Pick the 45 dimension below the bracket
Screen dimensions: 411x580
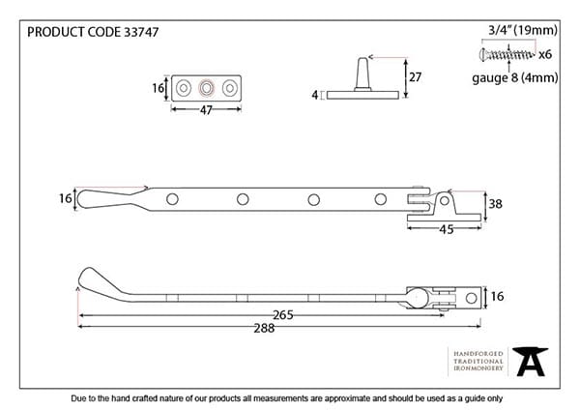(x=446, y=229)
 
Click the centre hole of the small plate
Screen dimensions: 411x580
(x=204, y=88)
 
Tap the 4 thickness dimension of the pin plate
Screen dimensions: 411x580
(x=315, y=95)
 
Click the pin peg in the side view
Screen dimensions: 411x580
(x=361, y=73)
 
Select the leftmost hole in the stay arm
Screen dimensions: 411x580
(x=173, y=199)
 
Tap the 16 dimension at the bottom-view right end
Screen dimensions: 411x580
(x=498, y=296)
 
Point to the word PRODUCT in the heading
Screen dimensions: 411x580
(x=49, y=31)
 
